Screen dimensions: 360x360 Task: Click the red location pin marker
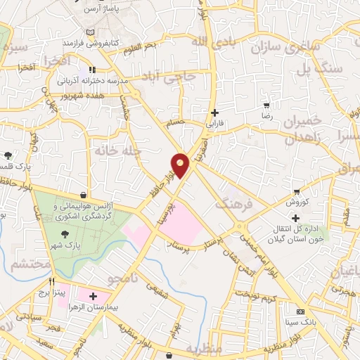tap(181, 165)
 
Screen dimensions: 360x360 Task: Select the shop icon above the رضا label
tap(266, 105)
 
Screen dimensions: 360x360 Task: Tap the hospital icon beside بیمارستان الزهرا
tap(93, 296)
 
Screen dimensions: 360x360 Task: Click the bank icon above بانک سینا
tap(300, 311)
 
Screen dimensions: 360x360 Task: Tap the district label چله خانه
tap(117, 150)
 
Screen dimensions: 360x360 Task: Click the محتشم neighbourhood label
tap(31, 265)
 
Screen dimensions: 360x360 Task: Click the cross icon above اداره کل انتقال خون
tap(295, 217)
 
